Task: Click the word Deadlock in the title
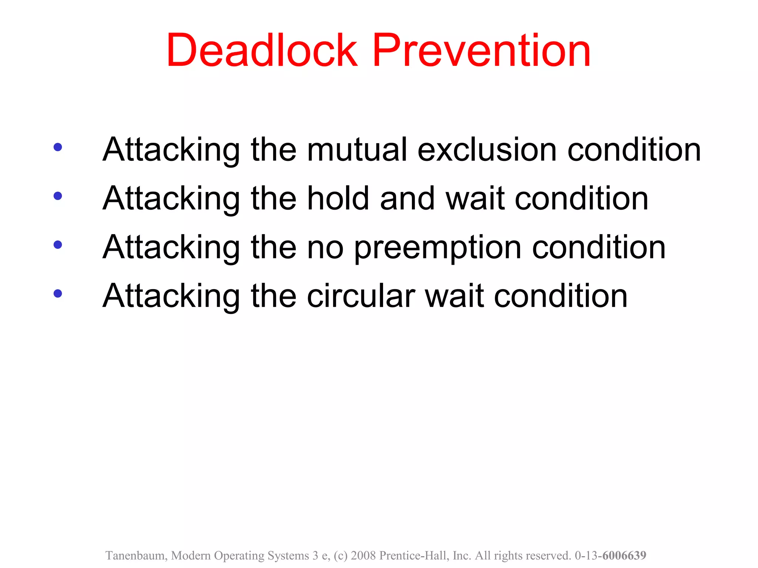click(x=262, y=51)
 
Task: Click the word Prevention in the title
click(x=481, y=51)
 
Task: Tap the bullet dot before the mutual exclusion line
click(x=58, y=147)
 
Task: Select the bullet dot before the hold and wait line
click(x=58, y=196)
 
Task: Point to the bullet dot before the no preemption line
click(x=58, y=244)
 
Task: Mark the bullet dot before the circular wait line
click(x=58, y=293)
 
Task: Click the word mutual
click(x=357, y=150)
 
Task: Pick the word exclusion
click(x=487, y=150)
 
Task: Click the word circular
click(x=361, y=296)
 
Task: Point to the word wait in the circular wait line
click(x=455, y=296)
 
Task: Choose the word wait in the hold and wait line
click(x=475, y=199)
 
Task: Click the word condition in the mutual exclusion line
click(x=634, y=150)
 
